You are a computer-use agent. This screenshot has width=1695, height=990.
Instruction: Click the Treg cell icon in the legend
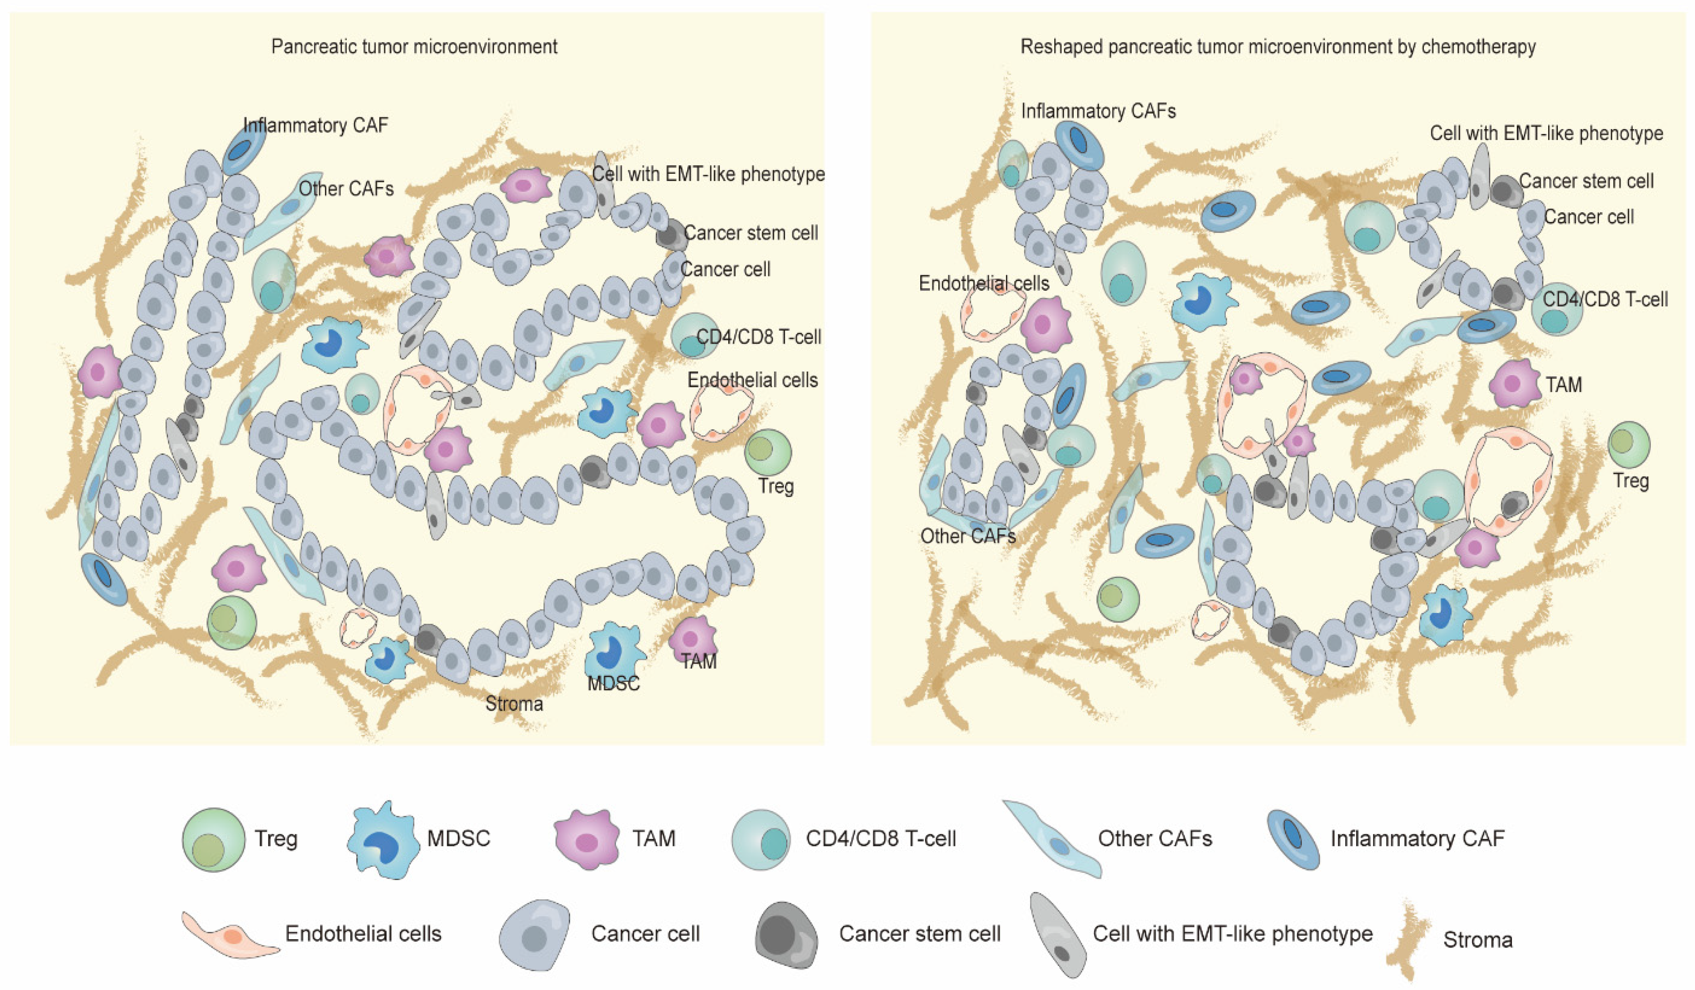[213, 839]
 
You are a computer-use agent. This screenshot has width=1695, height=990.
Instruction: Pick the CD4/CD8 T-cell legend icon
[761, 839]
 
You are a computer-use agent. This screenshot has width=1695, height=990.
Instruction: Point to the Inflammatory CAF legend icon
[1293, 839]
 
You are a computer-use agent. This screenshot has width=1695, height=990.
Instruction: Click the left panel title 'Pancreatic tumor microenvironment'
[414, 46]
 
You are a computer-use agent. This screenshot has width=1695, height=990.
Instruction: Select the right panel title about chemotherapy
[1278, 46]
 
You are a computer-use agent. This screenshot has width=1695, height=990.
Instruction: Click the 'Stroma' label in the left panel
[515, 704]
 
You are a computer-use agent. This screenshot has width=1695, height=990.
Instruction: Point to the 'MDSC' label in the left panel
[613, 684]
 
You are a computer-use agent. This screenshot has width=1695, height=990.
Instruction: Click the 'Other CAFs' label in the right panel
[968, 536]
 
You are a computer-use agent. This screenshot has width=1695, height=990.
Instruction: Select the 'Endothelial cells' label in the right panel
[983, 284]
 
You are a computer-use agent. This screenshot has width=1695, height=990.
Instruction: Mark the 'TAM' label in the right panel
[1564, 385]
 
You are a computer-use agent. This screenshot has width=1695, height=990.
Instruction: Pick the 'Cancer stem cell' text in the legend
[919, 933]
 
